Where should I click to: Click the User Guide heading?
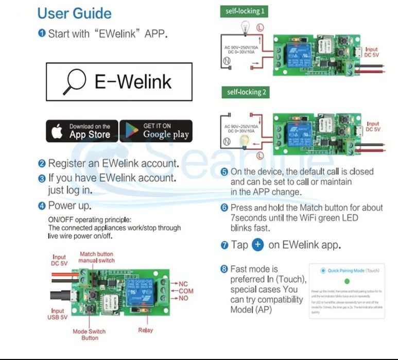[74, 13]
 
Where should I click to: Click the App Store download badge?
[81, 131]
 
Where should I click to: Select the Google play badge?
[156, 131]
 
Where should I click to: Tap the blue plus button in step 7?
[258, 245]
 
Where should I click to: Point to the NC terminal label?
[183, 284]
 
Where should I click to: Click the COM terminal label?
[185, 292]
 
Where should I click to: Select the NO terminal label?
[183, 299]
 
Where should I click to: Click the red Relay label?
[146, 330]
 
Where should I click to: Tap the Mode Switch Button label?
[90, 335]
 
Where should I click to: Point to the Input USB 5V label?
[58, 314]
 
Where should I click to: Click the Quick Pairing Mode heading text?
[346, 270]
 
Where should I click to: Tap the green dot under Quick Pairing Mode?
[347, 281]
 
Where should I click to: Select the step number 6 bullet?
[224, 208]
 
